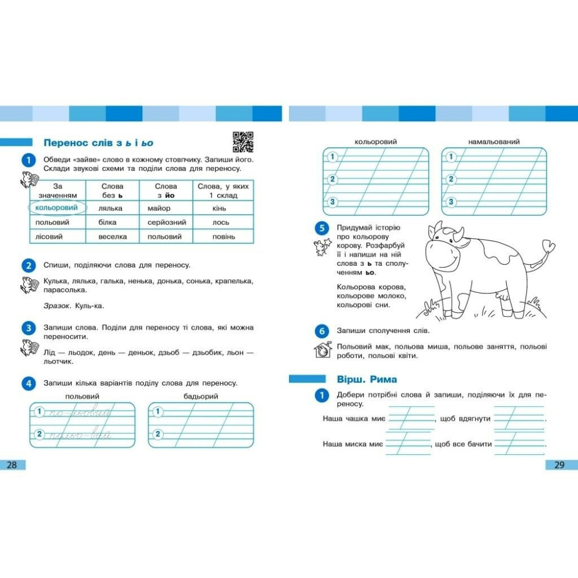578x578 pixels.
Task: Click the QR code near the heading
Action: click(x=243, y=142)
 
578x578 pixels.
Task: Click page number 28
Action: click(x=12, y=465)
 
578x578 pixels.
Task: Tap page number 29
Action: click(x=559, y=465)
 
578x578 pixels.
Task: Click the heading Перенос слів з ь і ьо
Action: click(x=98, y=143)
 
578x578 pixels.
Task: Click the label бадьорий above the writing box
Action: click(x=201, y=397)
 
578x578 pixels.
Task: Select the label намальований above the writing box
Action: click(x=494, y=142)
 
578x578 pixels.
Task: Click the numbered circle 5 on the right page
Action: click(x=321, y=229)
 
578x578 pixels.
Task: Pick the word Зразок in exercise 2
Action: click(x=55, y=306)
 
